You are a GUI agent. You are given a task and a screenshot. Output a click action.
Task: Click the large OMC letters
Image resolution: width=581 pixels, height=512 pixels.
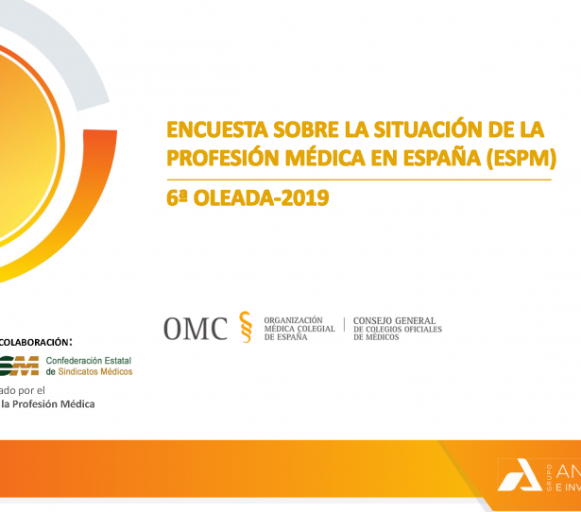(x=196, y=328)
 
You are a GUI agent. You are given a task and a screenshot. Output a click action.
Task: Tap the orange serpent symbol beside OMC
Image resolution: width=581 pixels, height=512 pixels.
(x=246, y=327)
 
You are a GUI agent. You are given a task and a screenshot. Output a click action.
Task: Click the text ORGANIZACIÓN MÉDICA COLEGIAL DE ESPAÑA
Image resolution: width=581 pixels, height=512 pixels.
(x=294, y=329)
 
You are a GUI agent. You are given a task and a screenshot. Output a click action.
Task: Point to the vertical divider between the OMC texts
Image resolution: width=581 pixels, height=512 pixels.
(x=344, y=328)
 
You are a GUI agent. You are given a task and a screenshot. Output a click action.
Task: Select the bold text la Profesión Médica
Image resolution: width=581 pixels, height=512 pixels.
(x=47, y=404)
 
